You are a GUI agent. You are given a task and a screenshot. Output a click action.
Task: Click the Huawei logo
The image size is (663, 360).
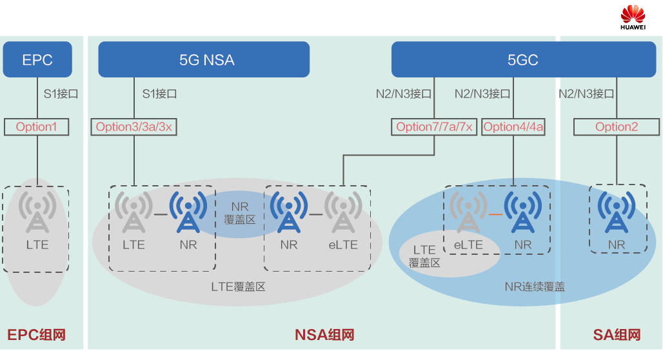633,17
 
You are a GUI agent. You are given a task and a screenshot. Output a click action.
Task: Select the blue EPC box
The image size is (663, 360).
37,60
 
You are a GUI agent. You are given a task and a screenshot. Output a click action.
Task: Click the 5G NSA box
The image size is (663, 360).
204,60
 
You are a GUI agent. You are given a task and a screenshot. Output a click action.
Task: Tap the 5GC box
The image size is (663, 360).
523,60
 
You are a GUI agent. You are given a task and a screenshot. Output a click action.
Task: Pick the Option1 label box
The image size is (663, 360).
37,126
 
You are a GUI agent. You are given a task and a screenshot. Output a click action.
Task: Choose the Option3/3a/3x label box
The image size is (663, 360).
134,126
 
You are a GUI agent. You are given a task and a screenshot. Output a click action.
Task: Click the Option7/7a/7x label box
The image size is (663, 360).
434,126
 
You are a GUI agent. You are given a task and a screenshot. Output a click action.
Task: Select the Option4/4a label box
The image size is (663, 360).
513,126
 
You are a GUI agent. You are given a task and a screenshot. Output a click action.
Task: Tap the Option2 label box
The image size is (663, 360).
617,126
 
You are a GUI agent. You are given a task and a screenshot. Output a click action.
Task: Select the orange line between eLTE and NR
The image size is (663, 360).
496,213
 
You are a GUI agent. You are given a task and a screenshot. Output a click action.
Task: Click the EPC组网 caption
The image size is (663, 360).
37,335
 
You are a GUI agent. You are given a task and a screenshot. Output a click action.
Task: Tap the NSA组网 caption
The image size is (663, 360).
324,335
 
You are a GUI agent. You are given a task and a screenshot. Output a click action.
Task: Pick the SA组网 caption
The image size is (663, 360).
617,335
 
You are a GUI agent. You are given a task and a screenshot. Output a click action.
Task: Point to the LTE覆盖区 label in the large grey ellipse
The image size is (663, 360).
239,286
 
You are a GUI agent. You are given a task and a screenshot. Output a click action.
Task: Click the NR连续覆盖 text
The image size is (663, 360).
535,286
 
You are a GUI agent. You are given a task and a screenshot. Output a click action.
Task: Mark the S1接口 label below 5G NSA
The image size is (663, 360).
159,94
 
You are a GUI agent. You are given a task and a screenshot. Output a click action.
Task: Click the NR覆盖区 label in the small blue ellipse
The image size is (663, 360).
240,214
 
